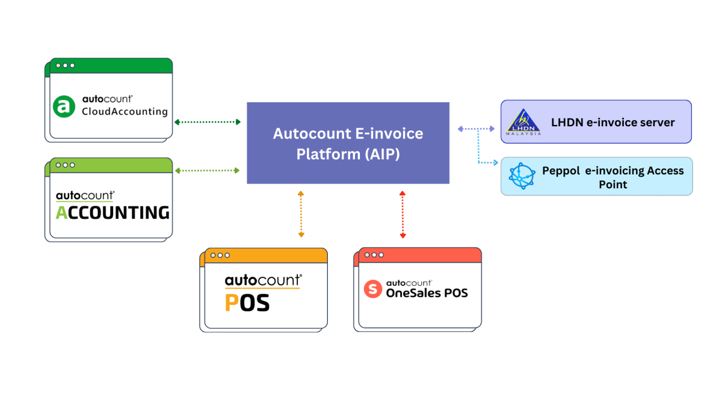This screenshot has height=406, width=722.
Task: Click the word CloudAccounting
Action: coord(125,111)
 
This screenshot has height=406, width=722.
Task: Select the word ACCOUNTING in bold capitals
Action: coord(113,212)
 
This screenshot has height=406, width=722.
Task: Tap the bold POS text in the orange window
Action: coord(247,303)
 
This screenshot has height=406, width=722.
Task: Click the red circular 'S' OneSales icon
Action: coord(373,289)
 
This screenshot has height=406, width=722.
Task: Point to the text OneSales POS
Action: coord(427,293)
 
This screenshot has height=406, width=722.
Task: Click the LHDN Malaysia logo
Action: coord(523,122)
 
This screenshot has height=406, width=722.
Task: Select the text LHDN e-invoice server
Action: coord(612,123)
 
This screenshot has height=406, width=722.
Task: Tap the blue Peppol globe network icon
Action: coord(522,177)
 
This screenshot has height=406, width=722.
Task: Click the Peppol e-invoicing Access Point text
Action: coord(612,177)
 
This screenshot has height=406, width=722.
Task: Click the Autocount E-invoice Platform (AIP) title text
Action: coord(348,143)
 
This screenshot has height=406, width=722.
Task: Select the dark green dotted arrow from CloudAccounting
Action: coord(207,122)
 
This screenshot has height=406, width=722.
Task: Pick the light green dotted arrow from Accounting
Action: coord(207,171)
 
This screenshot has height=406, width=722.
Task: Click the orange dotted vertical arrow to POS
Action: coord(301,214)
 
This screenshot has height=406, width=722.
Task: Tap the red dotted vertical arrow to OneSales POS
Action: coord(403,214)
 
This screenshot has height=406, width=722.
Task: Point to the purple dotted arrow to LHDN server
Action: coord(475,129)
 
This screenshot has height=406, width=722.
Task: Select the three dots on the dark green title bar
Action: coord(65,65)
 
